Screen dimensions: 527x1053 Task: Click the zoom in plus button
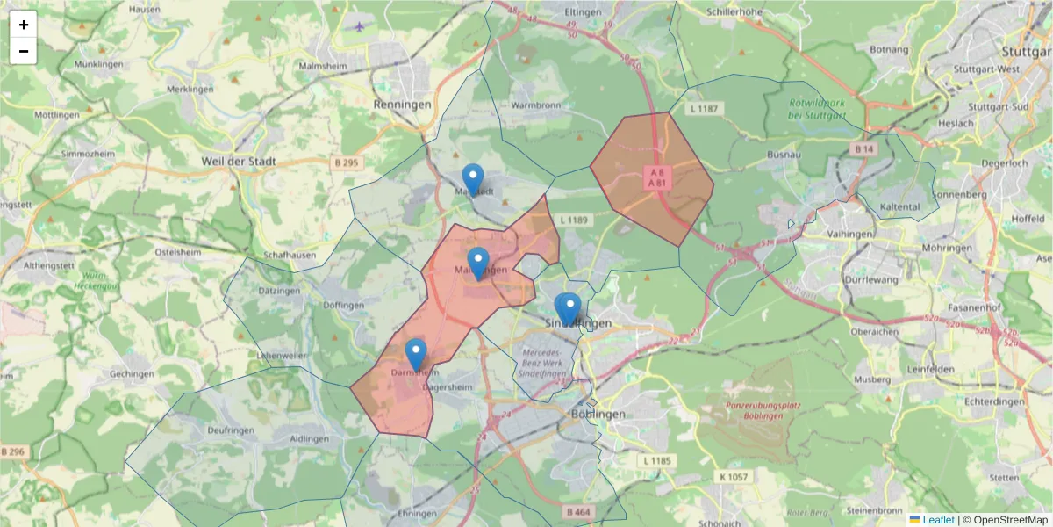coord(24,25)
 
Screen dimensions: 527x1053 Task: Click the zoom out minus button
coord(24,51)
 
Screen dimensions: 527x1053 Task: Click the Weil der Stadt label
coord(239,162)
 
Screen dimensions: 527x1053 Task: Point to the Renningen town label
coord(403,105)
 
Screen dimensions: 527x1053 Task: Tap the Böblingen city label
coord(598,415)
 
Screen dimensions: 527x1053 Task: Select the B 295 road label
coord(347,163)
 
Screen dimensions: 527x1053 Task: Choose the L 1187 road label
coord(704,109)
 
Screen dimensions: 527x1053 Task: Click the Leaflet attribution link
coord(938,520)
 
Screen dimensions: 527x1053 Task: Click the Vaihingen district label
coord(849,235)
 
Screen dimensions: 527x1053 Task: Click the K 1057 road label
coord(733,477)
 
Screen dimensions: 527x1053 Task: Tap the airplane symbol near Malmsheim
coord(360,25)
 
